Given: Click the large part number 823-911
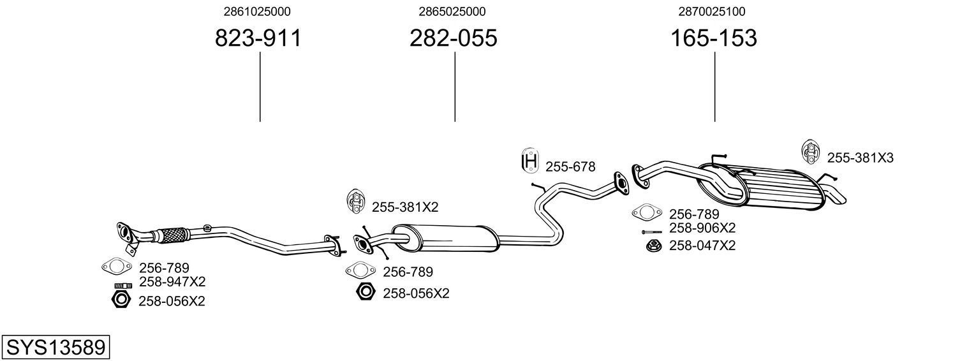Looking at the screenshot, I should pyautogui.click(x=258, y=38).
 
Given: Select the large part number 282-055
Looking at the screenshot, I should pyautogui.click(x=453, y=38).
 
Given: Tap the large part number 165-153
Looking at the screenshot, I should pyautogui.click(x=713, y=38).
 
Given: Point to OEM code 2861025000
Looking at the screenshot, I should pyautogui.click(x=258, y=11).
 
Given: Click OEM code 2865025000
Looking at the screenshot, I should pyautogui.click(x=452, y=11).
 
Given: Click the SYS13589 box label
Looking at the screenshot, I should pyautogui.click(x=55, y=348).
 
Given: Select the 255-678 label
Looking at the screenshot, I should pyautogui.click(x=570, y=167).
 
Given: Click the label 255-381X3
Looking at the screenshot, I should pyautogui.click(x=860, y=158).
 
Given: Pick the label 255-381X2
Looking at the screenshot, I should pyautogui.click(x=405, y=207).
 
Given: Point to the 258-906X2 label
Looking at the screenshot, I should pyautogui.click(x=702, y=228).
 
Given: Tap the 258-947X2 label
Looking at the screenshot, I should pyautogui.click(x=172, y=282).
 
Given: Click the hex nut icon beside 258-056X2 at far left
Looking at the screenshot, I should pyautogui.click(x=121, y=299).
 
